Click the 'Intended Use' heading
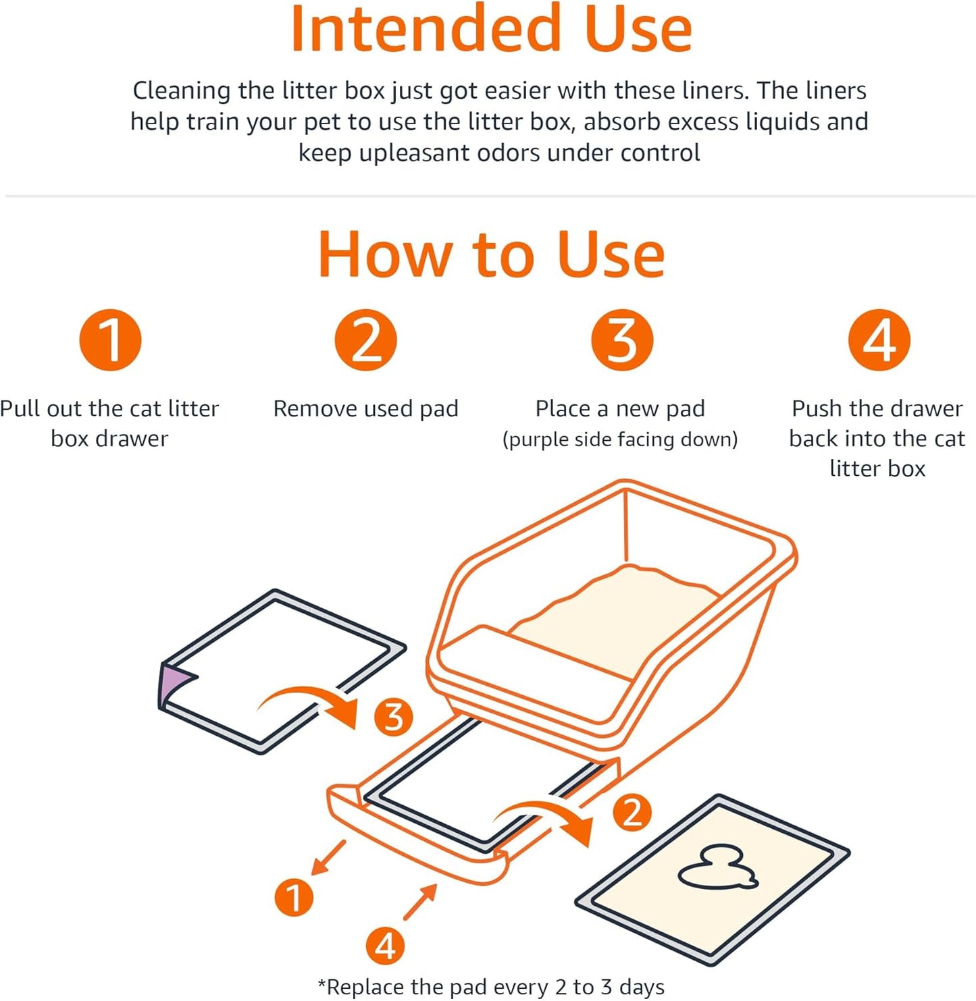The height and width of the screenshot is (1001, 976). (491, 30)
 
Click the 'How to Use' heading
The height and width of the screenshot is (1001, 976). (491, 255)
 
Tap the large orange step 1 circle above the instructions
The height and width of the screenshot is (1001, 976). (110, 340)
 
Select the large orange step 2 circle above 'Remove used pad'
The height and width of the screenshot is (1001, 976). (365, 340)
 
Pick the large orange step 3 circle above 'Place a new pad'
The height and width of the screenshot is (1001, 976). (621, 340)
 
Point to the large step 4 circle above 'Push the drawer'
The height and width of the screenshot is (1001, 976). (879, 340)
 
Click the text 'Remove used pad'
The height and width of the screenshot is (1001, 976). (365, 408)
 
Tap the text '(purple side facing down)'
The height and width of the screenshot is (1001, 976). (620, 439)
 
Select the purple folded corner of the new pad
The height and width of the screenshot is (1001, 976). (173, 682)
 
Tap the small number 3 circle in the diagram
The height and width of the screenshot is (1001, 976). (393, 717)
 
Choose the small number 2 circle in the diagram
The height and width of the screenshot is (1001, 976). (632, 812)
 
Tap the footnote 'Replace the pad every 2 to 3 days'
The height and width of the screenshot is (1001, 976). (491, 987)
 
